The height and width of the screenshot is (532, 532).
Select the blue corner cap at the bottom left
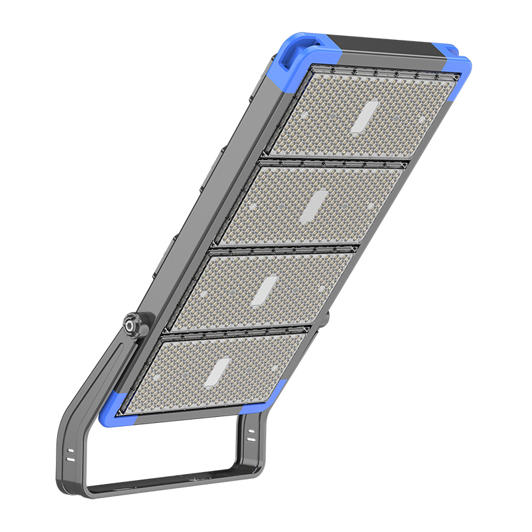pyautogui.click(x=115, y=407)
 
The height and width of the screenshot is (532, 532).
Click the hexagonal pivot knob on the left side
pyautogui.click(x=132, y=326)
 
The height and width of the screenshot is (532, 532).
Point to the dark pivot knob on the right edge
pyautogui.click(x=324, y=318)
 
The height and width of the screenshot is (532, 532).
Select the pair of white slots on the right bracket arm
pyautogui.click(x=251, y=435)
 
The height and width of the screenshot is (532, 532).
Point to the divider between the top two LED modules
pyautogui.click(x=332, y=160)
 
